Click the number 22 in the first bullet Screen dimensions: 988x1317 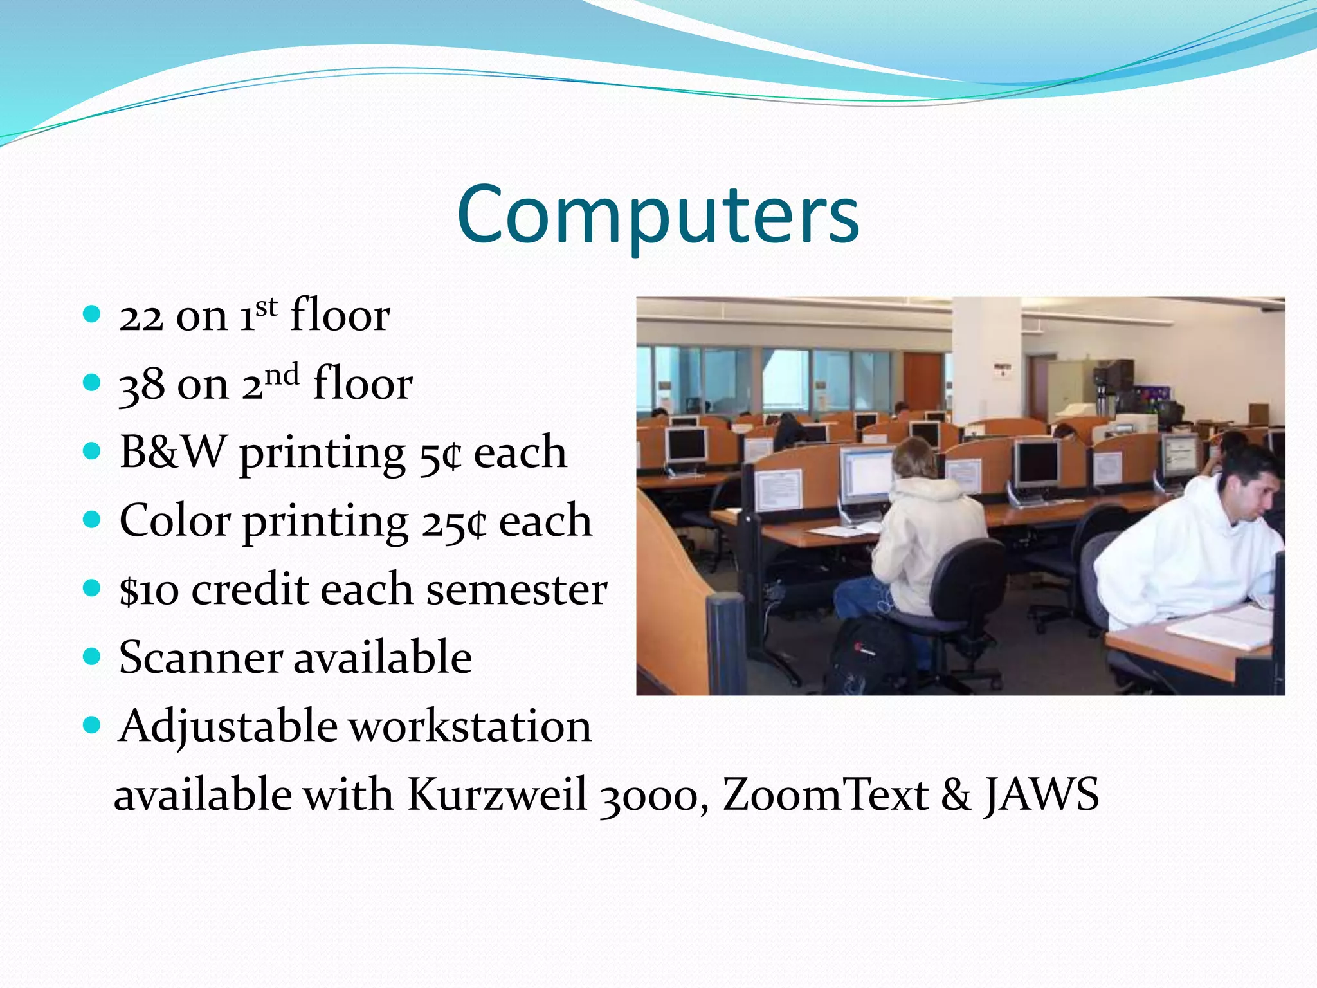tap(141, 316)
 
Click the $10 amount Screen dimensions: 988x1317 tap(149, 590)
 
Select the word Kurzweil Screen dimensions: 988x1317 tap(496, 795)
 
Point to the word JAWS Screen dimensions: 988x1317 tap(1041, 795)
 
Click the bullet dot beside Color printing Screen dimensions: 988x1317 tap(93, 519)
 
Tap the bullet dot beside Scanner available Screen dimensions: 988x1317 tap(93, 656)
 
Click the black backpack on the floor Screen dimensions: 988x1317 tap(862, 656)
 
